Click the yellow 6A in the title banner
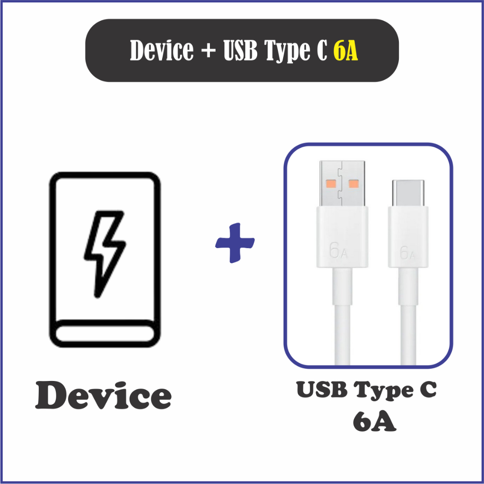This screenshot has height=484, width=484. coord(346,51)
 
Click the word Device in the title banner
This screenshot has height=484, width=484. coord(161,51)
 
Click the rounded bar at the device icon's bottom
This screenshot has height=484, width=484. coord(105,335)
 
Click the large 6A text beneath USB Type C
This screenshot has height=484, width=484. coord(374,422)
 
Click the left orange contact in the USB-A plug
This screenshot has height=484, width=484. coord(330,183)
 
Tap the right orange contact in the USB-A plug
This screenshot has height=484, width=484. coord(353,183)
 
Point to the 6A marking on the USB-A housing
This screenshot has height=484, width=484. coord(338,251)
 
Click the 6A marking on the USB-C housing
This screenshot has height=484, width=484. coord(407,253)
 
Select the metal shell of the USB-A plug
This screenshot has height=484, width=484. coord(343,184)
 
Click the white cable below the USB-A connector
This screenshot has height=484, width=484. coord(343,331)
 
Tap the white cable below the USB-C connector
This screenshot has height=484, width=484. coord(408,336)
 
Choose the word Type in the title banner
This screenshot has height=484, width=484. coord(295,52)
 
